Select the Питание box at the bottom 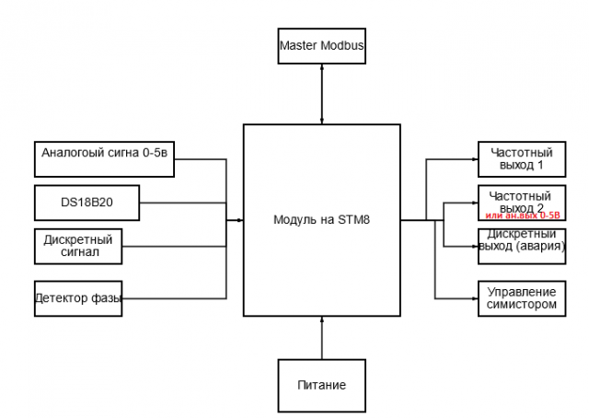[321, 384]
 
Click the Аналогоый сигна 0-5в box [104, 158]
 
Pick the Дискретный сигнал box [77, 244]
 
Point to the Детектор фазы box [77, 297]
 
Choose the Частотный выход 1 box [521, 159]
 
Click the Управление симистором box [521, 297]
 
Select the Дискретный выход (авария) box [522, 240]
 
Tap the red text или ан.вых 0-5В [522, 215]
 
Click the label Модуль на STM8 [321, 220]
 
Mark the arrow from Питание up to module [321, 336]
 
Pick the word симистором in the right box [521, 304]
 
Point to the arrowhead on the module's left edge [239, 220]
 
